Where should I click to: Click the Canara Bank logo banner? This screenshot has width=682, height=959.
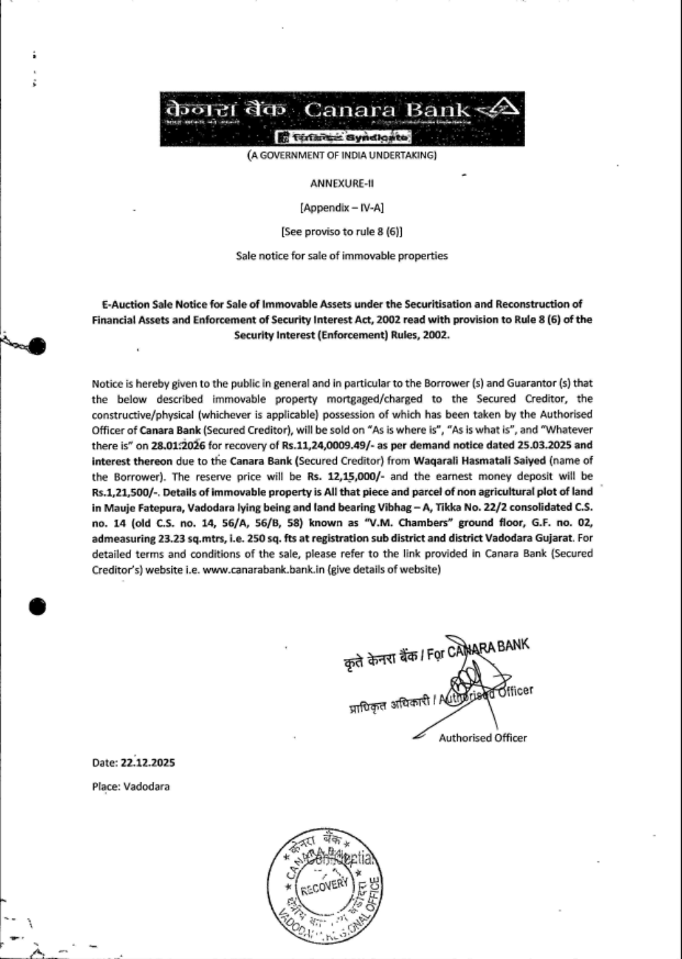tap(342, 119)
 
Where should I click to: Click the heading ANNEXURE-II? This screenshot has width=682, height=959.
tap(342, 183)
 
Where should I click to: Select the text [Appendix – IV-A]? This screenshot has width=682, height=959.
tap(342, 207)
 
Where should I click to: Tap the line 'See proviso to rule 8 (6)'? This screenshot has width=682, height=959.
tap(342, 231)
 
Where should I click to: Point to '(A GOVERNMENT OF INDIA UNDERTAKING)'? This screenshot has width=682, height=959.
tap(342, 156)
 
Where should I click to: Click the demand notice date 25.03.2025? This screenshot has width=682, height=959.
tap(530, 445)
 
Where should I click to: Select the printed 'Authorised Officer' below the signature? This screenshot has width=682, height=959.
tap(483, 737)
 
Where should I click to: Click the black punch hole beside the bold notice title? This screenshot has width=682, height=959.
tap(38, 346)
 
